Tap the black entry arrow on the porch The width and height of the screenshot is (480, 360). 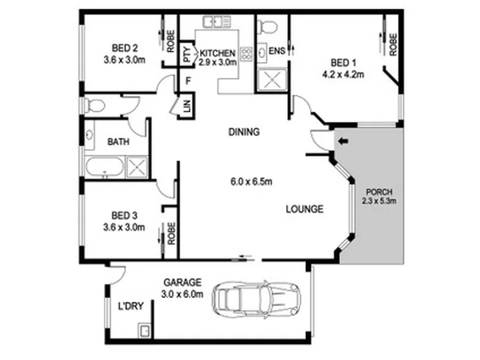344,141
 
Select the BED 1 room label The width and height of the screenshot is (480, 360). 343,63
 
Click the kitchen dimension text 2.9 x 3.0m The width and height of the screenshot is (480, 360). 217,63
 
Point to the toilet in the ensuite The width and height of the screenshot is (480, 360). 267,27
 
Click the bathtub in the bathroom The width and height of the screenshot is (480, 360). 104,167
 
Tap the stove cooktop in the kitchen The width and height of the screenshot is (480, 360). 246,54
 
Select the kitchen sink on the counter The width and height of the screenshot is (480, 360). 216,22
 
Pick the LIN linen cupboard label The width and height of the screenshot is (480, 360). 187,106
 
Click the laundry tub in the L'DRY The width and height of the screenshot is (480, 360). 144,330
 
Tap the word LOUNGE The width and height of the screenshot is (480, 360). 305,209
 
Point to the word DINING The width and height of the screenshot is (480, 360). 244,132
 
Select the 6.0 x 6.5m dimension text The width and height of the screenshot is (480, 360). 251,182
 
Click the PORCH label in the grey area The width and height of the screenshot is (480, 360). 379,192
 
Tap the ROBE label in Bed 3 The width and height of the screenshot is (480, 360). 171,233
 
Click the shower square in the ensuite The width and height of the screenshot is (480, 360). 272,80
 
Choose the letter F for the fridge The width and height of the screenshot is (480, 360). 188,81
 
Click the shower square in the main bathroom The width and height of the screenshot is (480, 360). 137,167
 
